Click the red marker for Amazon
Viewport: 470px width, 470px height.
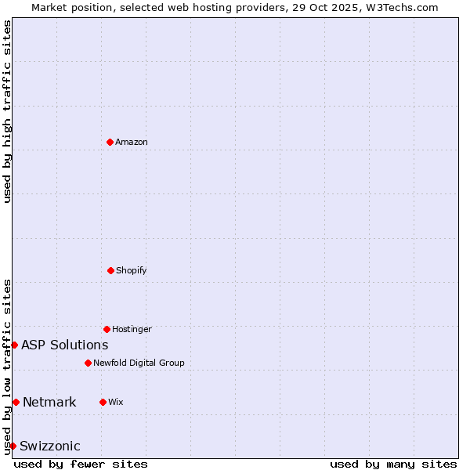[x=110, y=142]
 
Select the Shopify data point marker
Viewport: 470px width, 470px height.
[x=110, y=270]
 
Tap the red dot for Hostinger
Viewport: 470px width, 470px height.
[x=107, y=329]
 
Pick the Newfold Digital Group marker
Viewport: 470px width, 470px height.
[x=88, y=363]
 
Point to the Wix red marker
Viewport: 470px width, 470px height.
[x=103, y=402]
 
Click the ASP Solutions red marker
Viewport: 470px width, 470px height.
[x=14, y=345]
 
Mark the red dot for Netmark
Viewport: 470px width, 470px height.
[x=16, y=402]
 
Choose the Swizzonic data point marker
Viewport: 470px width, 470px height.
[x=13, y=446]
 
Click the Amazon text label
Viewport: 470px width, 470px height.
[x=132, y=142]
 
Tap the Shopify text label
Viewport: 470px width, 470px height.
[x=132, y=270]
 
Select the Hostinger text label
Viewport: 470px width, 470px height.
[x=132, y=329]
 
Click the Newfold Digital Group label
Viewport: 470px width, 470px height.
[x=139, y=363]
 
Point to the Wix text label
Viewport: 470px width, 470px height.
[x=116, y=402]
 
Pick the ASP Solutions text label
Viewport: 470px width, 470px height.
[x=65, y=345]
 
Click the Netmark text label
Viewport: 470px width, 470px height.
[x=49, y=403]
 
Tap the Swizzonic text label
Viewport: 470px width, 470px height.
[x=50, y=446]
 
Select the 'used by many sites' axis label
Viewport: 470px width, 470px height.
[x=393, y=464]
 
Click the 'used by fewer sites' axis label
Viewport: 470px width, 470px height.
[x=81, y=464]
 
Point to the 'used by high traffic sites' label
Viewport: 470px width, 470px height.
[x=7, y=111]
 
